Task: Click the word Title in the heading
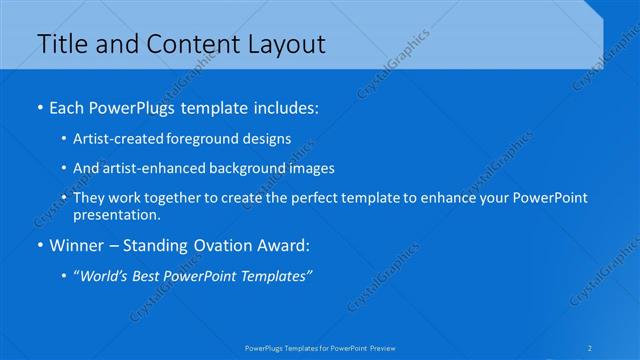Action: click(59, 44)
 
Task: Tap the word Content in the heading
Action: click(187, 44)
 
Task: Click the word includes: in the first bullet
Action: click(284, 105)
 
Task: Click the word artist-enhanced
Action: click(146, 168)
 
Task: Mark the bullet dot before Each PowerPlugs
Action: click(38, 105)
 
